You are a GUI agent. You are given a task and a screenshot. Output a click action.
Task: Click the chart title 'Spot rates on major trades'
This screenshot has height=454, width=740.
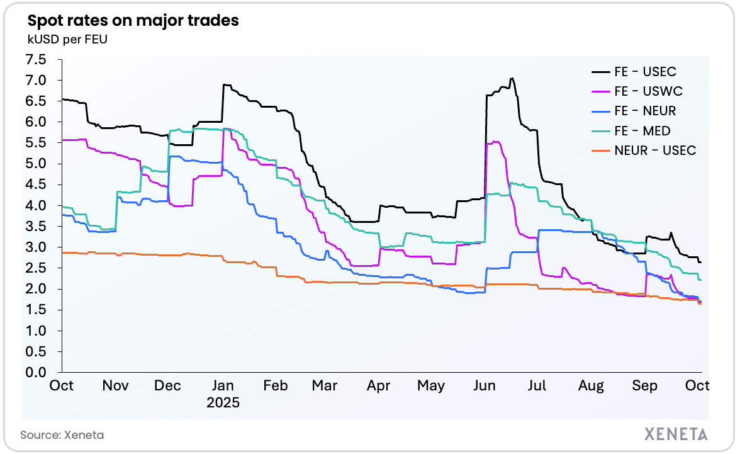(x=133, y=20)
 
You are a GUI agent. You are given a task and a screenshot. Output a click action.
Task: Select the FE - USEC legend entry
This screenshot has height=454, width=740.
(x=645, y=71)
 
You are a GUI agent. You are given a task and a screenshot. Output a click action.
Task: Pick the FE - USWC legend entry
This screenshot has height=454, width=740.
(x=648, y=91)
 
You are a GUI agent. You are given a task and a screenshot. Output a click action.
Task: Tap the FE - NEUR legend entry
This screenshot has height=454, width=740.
(x=645, y=111)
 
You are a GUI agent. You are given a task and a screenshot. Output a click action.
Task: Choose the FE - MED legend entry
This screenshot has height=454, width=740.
(x=642, y=131)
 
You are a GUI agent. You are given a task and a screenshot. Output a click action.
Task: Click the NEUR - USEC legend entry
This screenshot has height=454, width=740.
(x=654, y=150)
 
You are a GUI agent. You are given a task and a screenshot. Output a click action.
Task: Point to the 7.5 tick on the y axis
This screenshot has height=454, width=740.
(x=36, y=60)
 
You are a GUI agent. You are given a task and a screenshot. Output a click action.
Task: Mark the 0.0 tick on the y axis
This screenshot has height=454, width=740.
(x=36, y=373)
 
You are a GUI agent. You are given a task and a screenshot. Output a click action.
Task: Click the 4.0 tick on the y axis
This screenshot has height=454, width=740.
(x=36, y=206)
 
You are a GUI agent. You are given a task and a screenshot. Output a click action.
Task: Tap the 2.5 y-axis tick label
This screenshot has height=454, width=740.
(x=36, y=268)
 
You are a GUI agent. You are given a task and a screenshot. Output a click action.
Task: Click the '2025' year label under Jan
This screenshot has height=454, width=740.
(x=224, y=402)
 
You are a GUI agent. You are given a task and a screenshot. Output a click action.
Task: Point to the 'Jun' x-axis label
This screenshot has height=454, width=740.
(x=485, y=385)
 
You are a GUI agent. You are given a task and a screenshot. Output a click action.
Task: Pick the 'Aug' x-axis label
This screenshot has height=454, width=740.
(x=591, y=385)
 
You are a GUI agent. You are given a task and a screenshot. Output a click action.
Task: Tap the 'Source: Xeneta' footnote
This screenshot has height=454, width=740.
(x=62, y=434)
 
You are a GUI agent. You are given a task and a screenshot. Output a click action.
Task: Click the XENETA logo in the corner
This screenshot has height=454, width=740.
(x=676, y=434)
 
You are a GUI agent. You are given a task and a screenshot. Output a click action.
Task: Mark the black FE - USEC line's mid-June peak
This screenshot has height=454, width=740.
(x=512, y=79)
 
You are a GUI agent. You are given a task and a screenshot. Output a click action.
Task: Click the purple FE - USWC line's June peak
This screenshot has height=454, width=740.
(x=496, y=142)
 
